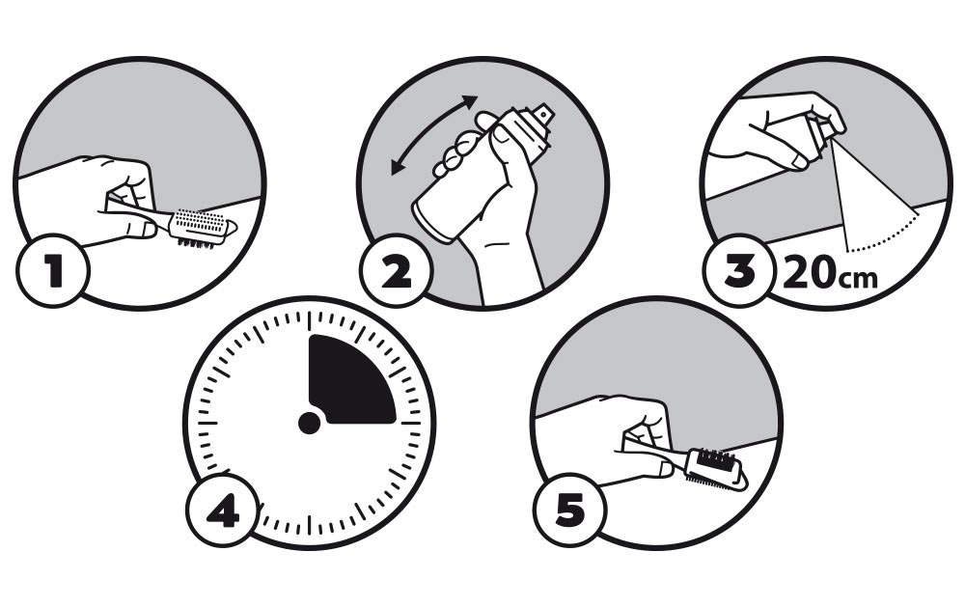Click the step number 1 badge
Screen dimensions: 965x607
pyautogui.click(x=53, y=270)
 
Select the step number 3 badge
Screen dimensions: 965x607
pyautogui.click(x=738, y=271)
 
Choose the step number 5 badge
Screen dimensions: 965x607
pyautogui.click(x=569, y=510)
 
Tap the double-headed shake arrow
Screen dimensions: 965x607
pyautogui.click(x=434, y=135)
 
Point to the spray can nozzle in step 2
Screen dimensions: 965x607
pyautogui.click(x=542, y=115)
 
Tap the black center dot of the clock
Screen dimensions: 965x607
pyautogui.click(x=309, y=424)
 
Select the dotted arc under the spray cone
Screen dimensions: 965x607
pyautogui.click(x=886, y=238)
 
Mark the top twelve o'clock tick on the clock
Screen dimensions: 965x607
pyautogui.click(x=309, y=320)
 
